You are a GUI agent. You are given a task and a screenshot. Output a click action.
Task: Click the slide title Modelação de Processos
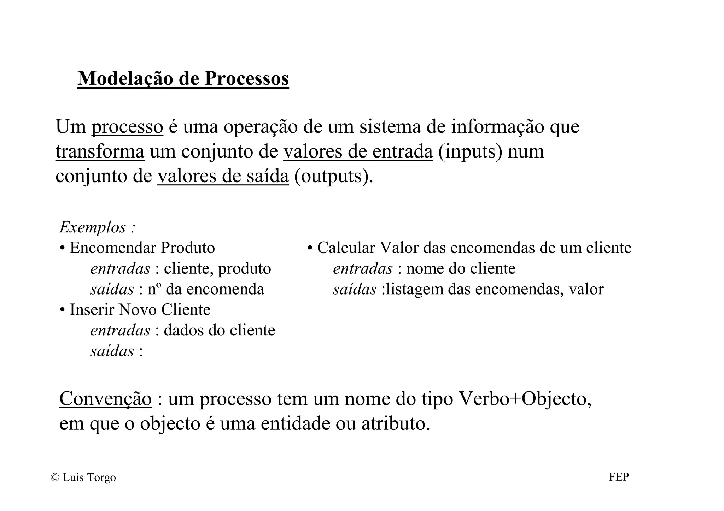click(183, 78)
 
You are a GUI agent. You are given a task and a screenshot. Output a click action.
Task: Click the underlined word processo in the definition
click(127, 127)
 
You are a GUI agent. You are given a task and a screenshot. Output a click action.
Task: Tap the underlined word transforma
click(100, 151)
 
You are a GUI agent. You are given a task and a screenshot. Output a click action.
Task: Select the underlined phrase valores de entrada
click(358, 151)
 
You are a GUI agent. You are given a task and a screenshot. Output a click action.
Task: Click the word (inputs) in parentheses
click(470, 151)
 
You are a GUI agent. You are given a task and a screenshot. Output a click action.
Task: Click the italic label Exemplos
click(93, 227)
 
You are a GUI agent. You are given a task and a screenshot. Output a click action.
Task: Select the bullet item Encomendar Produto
click(142, 248)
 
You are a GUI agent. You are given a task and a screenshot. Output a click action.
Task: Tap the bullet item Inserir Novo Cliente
click(140, 310)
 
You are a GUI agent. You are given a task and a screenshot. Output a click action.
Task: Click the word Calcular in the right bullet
click(346, 248)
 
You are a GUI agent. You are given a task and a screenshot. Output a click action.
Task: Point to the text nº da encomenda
click(206, 289)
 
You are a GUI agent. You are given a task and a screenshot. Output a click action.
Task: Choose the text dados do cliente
click(219, 331)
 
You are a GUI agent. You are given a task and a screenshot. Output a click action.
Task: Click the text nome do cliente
click(461, 269)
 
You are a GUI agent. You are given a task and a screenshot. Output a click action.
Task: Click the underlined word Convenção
click(105, 399)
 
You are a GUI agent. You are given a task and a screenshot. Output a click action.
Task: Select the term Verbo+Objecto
click(525, 399)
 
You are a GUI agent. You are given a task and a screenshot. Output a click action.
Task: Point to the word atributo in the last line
click(395, 423)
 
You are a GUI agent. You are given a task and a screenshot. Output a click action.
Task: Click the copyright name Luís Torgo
click(89, 477)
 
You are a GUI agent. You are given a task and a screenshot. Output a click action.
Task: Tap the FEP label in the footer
click(619, 477)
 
